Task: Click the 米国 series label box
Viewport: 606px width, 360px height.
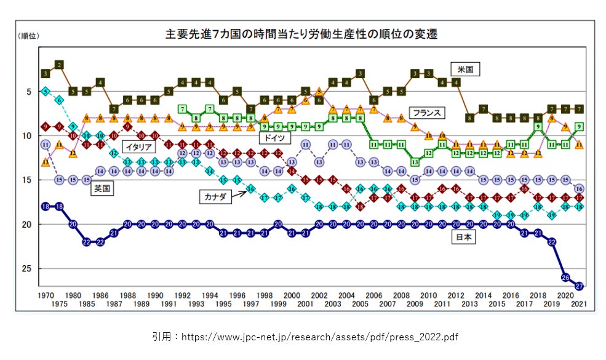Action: click(x=465, y=69)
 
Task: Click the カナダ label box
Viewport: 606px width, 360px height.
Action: click(x=215, y=196)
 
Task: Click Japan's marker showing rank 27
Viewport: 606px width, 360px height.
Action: click(x=579, y=286)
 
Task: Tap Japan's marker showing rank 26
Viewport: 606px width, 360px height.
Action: click(x=565, y=277)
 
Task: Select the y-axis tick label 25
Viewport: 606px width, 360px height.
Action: click(x=28, y=269)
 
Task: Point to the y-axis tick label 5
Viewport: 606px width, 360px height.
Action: click(x=28, y=92)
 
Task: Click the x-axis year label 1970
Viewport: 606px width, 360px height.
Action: click(x=45, y=295)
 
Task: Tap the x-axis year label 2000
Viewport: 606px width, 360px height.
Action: click(x=292, y=295)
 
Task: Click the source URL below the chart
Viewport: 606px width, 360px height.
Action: click(x=305, y=337)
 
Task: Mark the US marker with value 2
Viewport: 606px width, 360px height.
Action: click(x=59, y=65)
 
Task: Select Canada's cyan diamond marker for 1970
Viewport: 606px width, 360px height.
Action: click(x=45, y=91)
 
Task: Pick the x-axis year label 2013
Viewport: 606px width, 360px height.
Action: click(x=469, y=304)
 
